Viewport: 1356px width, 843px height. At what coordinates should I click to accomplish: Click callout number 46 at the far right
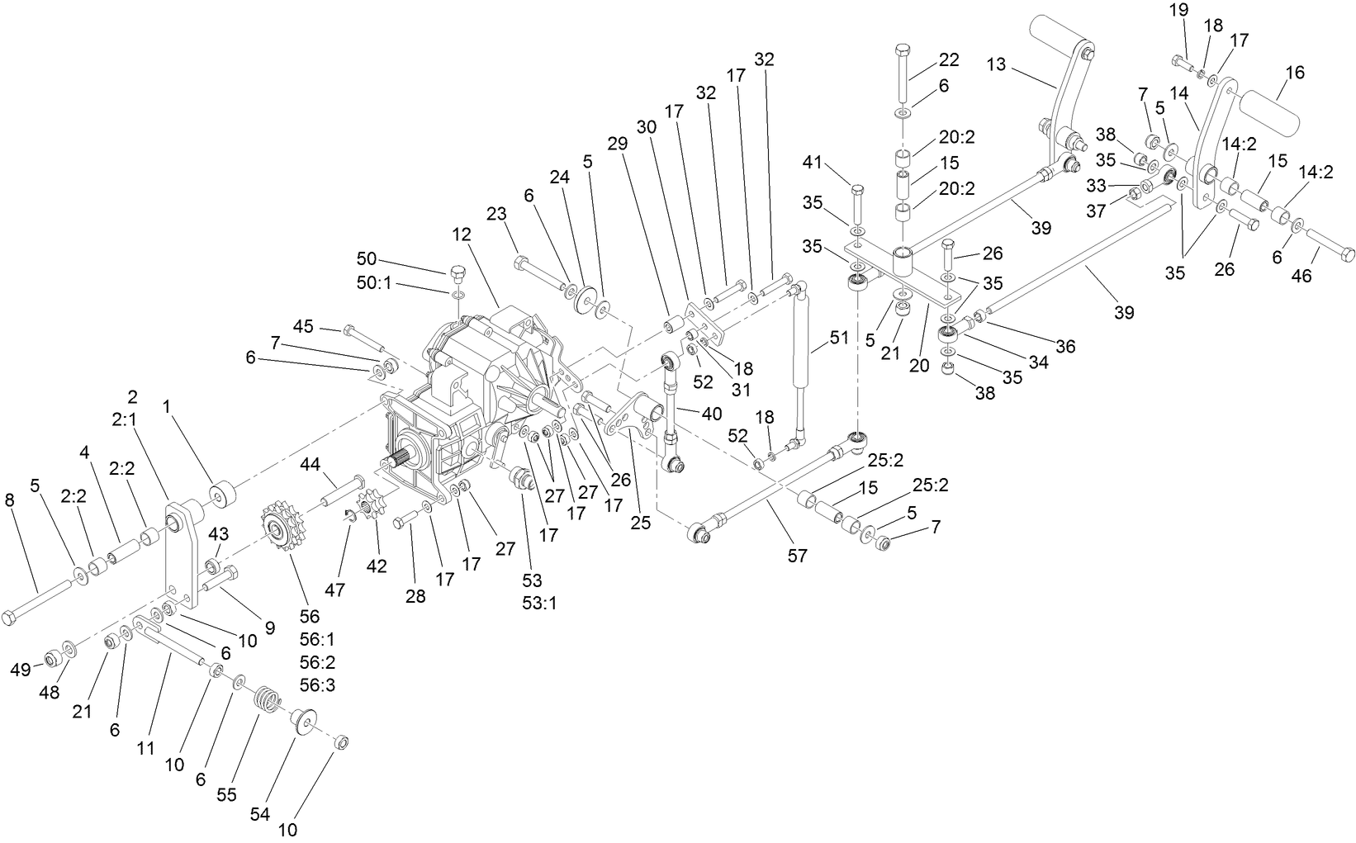[x=1301, y=276]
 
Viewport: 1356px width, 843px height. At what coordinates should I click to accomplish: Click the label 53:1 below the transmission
[x=538, y=603]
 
